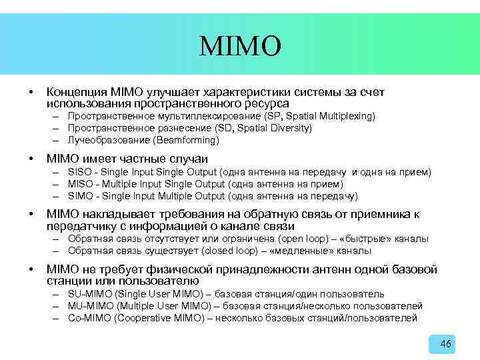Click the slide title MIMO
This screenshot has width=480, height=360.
tap(240, 46)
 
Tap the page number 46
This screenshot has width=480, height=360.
tap(446, 344)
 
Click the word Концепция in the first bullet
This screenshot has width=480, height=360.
tap(72, 92)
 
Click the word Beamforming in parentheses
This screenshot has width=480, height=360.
tap(185, 140)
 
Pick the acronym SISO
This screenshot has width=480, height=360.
tap(79, 172)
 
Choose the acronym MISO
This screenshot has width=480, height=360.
tap(79, 184)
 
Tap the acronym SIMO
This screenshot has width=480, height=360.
tap(79, 196)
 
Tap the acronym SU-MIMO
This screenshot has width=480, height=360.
tap(90, 294)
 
